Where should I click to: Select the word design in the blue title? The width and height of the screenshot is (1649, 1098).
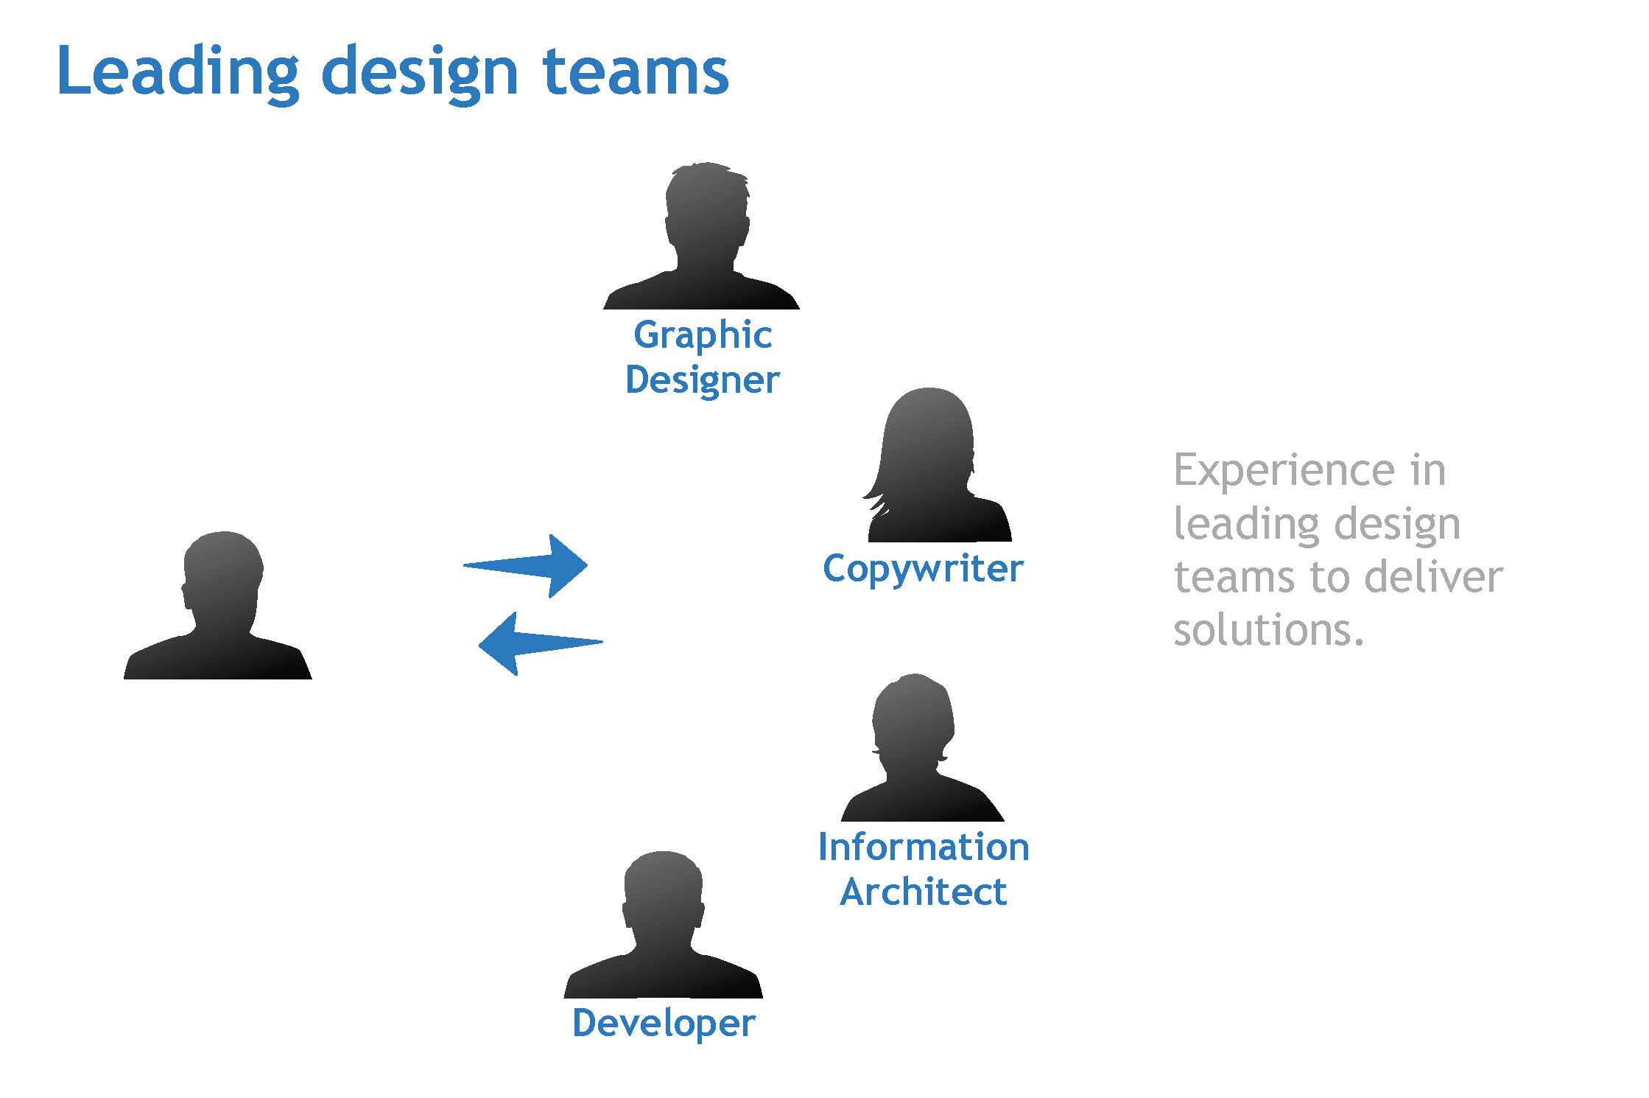[x=420, y=74]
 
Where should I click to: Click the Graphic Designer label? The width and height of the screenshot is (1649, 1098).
[x=702, y=357]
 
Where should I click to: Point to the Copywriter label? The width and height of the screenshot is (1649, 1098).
[x=923, y=569]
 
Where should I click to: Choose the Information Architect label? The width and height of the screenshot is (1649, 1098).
[x=924, y=869]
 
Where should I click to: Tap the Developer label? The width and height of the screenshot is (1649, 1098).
[x=664, y=1023]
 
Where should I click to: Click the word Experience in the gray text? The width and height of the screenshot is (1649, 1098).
[x=1284, y=471]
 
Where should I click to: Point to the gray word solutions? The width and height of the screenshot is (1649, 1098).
[x=1268, y=630]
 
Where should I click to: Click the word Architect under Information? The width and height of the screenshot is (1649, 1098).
[x=924, y=892]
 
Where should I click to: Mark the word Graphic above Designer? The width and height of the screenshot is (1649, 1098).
[x=703, y=336]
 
